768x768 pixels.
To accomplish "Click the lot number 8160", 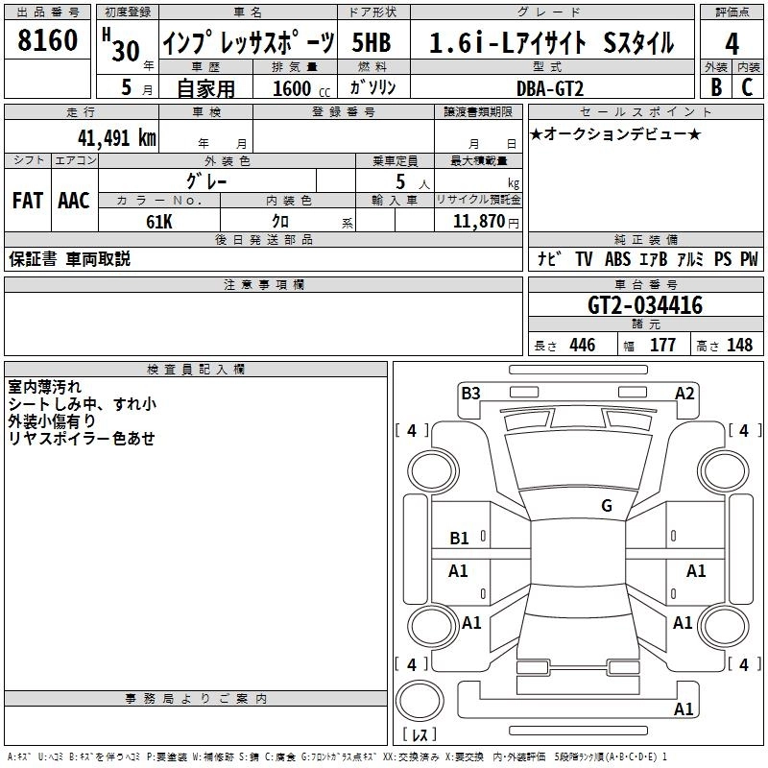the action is click(x=48, y=41).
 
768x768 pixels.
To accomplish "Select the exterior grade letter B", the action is click(x=715, y=86).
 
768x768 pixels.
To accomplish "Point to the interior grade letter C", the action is click(x=747, y=86).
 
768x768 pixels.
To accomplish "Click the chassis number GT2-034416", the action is click(x=645, y=306).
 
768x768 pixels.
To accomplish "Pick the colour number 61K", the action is click(x=159, y=221).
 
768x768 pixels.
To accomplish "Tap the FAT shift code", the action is click(x=27, y=200).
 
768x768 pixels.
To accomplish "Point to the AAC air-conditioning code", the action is click(x=74, y=200).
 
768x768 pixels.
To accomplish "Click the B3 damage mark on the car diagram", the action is click(x=470, y=393).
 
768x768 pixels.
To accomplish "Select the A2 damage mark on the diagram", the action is click(x=684, y=393).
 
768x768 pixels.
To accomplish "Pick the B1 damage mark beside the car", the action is click(x=460, y=539).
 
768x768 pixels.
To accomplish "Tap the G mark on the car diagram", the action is click(x=606, y=506).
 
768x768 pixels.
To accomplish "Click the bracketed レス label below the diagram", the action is click(x=419, y=734).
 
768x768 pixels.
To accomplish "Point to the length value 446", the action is click(x=582, y=346).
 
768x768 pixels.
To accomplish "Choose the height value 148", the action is click(x=739, y=346).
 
